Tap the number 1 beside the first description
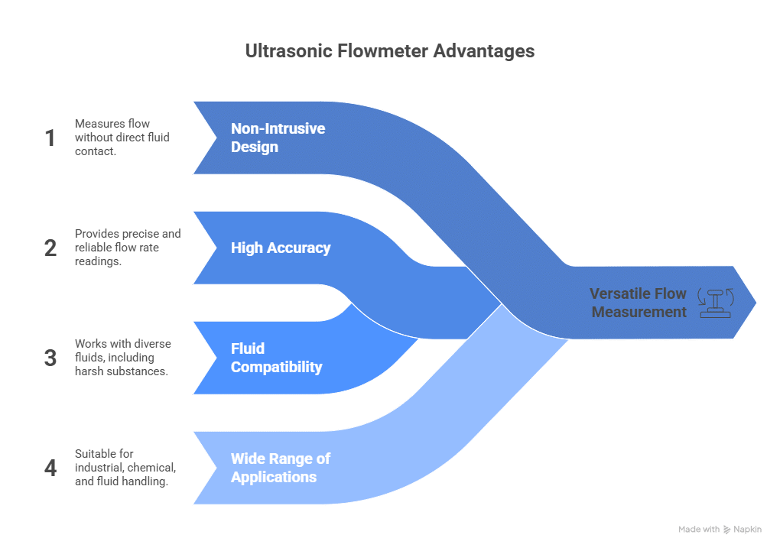pyautogui.click(x=50, y=138)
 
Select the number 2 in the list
pyautogui.click(x=50, y=248)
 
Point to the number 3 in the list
pyautogui.click(x=50, y=358)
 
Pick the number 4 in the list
pyautogui.click(x=50, y=468)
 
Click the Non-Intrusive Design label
pyautogui.click(x=278, y=138)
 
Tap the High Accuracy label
pyautogui.click(x=281, y=248)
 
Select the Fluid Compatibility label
pyautogui.click(x=276, y=358)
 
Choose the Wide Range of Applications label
pyautogui.click(x=281, y=468)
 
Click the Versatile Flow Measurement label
pyautogui.click(x=638, y=303)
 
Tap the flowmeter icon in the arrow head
pyautogui.click(x=716, y=303)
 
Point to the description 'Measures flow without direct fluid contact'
pyautogui.click(x=122, y=138)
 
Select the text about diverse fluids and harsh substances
pyautogui.click(x=122, y=358)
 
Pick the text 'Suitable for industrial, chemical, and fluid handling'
pyautogui.click(x=126, y=468)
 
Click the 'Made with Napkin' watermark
pyautogui.click(x=719, y=529)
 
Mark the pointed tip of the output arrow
pyautogui.click(x=756, y=303)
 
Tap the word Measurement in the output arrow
pyautogui.click(x=639, y=312)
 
